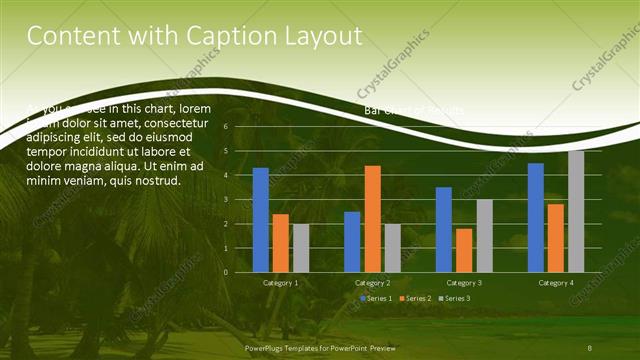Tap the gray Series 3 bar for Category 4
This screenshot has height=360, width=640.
tap(576, 211)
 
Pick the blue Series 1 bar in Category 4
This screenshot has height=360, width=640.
tap(536, 217)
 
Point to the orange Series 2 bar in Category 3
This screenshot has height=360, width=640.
tap(464, 250)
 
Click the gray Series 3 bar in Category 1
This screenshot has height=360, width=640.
tap(301, 248)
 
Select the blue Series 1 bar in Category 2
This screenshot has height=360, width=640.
tap(352, 242)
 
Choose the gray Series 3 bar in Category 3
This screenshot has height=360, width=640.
tap(484, 235)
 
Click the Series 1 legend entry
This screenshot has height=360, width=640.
tap(376, 299)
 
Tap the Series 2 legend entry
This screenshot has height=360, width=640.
tap(417, 299)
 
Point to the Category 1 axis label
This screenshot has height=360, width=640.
tap(281, 283)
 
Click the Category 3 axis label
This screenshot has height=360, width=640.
tap(464, 283)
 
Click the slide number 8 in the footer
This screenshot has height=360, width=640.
tap(590, 347)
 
